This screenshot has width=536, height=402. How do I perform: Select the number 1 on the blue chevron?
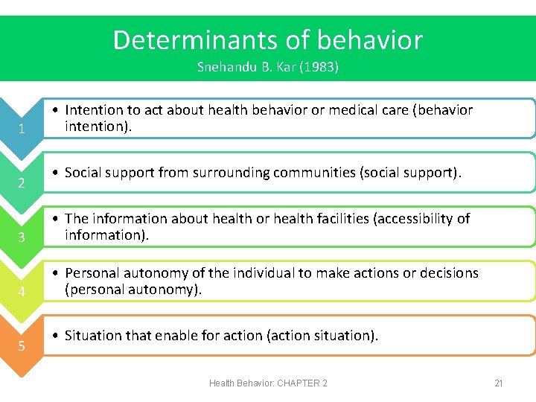(22, 130)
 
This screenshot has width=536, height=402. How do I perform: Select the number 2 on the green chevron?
(22, 184)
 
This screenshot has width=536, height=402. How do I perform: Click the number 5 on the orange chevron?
(22, 346)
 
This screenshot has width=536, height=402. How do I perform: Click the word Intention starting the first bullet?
(93, 110)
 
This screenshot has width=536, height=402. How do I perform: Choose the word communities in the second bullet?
(314, 173)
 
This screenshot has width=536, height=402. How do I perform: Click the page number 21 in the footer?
(499, 383)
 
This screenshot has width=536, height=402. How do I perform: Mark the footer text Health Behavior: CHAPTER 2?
(268, 383)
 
